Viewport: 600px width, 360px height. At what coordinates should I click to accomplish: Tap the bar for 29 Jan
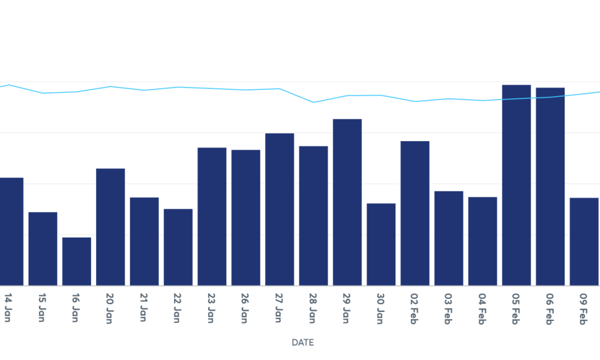[347, 202]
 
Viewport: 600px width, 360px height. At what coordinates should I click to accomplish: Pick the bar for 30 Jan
[381, 244]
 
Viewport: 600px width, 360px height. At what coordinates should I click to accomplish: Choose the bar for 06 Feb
[550, 187]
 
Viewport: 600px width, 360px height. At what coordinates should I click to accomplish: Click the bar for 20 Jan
[110, 227]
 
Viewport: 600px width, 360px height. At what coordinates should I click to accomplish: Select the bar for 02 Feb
[415, 213]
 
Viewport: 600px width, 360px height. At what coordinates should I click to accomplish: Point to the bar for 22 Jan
[178, 247]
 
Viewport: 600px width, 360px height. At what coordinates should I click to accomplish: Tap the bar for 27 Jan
[280, 209]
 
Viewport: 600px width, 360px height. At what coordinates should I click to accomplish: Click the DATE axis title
[302, 343]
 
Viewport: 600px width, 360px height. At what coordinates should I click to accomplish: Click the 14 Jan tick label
[8, 308]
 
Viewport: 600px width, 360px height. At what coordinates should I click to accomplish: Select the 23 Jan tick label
[211, 308]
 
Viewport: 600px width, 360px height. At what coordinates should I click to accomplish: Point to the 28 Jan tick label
[313, 308]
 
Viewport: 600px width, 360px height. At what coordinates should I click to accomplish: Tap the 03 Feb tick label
[448, 308]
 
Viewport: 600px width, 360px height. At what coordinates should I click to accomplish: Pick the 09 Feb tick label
[583, 308]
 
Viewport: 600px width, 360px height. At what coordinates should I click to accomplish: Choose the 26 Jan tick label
[245, 308]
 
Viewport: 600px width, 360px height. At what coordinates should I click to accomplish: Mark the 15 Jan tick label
[42, 308]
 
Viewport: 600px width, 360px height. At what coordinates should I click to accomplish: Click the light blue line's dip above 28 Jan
[314, 103]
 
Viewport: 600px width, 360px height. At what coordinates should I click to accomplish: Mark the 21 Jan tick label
[143, 308]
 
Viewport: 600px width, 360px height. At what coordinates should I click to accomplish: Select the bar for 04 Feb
[482, 241]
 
